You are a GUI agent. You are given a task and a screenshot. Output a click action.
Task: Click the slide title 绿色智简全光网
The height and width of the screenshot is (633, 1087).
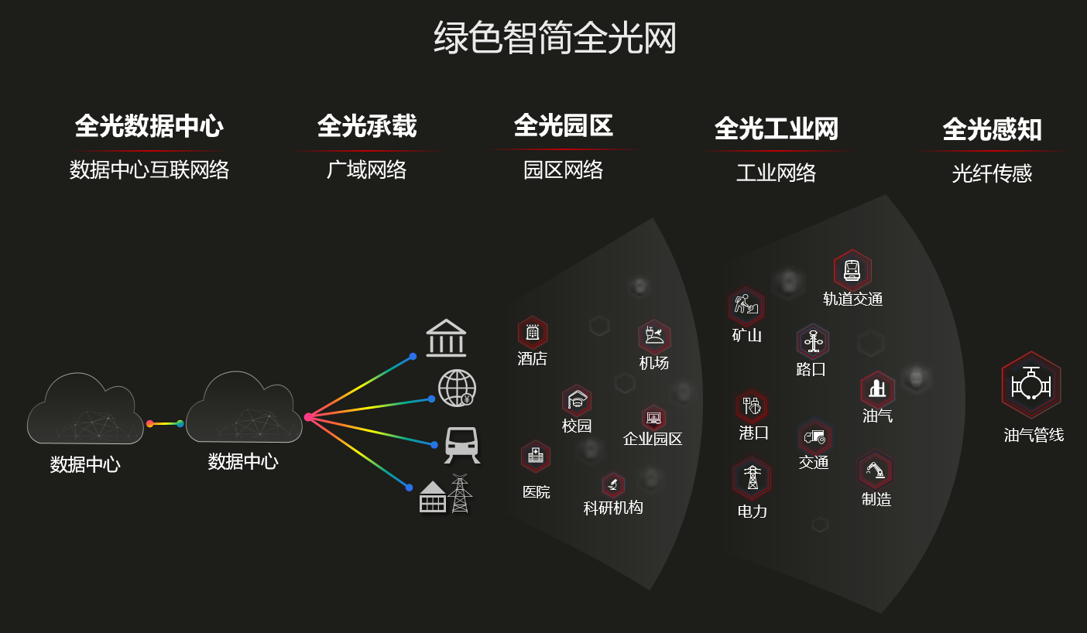[554, 38]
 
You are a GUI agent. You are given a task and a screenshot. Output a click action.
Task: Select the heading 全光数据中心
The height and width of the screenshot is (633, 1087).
[149, 126]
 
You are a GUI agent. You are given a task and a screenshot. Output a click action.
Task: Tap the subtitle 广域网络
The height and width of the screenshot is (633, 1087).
[366, 169]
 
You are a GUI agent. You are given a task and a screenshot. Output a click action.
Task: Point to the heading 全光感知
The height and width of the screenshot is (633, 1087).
[992, 129]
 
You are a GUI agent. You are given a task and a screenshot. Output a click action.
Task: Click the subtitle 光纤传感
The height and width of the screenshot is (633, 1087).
[992, 173]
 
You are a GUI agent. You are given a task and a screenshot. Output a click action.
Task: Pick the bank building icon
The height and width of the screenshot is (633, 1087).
[446, 338]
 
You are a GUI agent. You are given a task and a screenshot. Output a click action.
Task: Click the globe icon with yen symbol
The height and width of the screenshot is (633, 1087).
[457, 388]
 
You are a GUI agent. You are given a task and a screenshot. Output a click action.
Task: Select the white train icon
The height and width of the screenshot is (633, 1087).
[461, 445]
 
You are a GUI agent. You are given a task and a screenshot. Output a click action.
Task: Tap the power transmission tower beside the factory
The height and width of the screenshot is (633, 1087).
[460, 494]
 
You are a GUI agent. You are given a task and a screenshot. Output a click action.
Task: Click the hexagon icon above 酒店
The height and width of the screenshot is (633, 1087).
[533, 332]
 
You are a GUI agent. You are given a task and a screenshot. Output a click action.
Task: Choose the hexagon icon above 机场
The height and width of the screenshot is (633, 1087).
[654, 337]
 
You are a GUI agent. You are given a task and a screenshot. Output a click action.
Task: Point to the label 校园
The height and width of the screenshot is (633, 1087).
[577, 426]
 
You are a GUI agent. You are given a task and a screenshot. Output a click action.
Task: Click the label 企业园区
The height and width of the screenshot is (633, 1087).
[653, 439]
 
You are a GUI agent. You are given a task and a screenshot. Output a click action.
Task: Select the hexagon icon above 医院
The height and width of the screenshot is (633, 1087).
[536, 457]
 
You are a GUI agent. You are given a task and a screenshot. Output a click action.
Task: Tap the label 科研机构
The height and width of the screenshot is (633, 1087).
[613, 508]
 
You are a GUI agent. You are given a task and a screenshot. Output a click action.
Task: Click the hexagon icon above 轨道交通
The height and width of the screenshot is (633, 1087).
[852, 270]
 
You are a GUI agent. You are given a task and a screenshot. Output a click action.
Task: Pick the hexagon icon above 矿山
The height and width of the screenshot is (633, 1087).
[746, 306]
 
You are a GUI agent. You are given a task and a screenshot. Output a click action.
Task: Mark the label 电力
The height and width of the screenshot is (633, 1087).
[752, 511]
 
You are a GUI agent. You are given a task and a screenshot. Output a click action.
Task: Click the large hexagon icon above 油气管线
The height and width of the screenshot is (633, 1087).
[1031, 385]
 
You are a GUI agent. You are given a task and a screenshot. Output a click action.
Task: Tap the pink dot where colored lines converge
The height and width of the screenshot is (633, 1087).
[308, 417]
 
